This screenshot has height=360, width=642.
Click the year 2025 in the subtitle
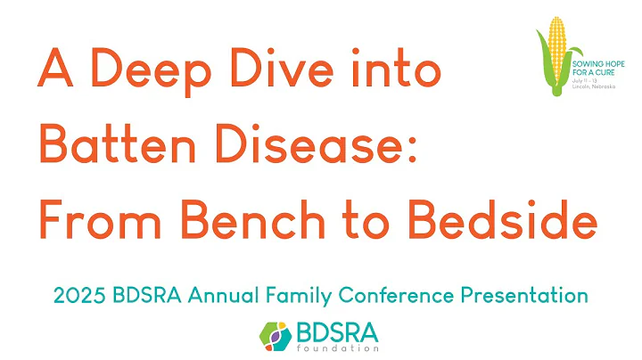pos(77,295)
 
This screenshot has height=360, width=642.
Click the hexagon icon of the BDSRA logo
pos(276,335)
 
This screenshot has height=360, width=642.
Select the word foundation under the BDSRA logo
pos(338,348)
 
